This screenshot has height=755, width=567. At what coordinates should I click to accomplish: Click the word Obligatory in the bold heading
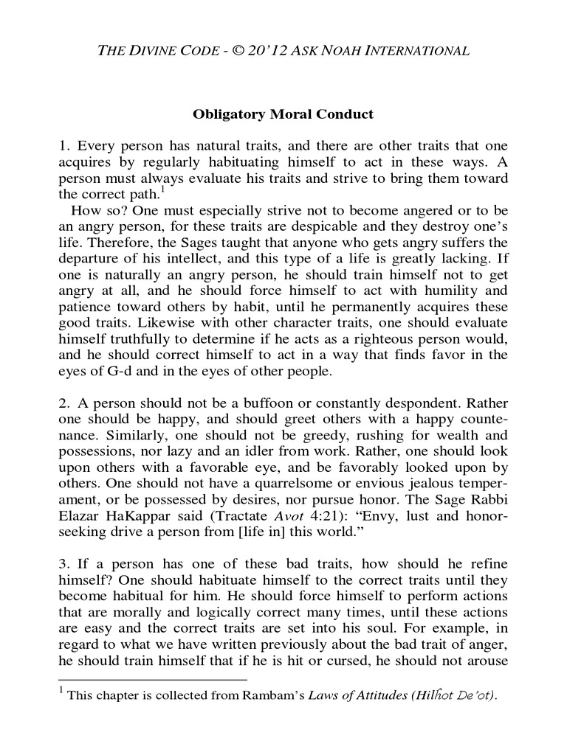coord(226,114)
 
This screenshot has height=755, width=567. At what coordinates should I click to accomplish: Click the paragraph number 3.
coord(63,574)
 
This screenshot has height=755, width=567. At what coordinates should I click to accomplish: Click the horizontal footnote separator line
coord(152,679)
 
